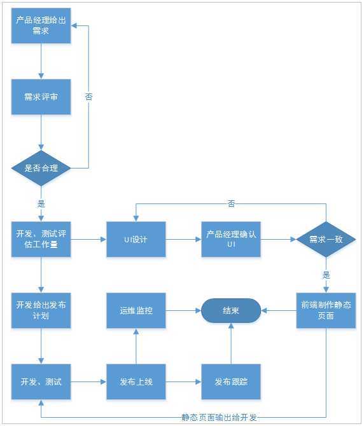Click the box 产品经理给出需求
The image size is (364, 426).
(x=41, y=25)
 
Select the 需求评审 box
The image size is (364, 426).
(x=41, y=97)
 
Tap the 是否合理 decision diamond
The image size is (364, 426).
(x=41, y=168)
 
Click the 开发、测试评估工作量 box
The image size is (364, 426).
(x=41, y=239)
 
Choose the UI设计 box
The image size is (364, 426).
(x=136, y=239)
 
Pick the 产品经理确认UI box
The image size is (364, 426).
(x=231, y=239)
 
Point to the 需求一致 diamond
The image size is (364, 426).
(x=326, y=239)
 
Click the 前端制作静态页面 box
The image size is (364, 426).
(x=326, y=310)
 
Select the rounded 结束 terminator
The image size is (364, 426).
(x=231, y=310)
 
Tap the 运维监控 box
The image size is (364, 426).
(x=136, y=310)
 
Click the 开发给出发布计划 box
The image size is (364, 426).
(x=41, y=310)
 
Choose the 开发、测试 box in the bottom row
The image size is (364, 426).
(x=41, y=381)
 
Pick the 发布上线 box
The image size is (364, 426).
(x=136, y=381)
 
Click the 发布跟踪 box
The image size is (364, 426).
(x=231, y=381)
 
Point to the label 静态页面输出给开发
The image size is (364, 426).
(x=218, y=418)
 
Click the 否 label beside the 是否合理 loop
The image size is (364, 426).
(x=88, y=97)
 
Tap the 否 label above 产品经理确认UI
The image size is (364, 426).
(x=231, y=203)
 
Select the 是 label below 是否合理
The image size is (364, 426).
(x=41, y=204)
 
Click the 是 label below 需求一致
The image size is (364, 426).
(x=326, y=275)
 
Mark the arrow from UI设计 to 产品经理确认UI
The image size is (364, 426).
(x=183, y=239)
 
